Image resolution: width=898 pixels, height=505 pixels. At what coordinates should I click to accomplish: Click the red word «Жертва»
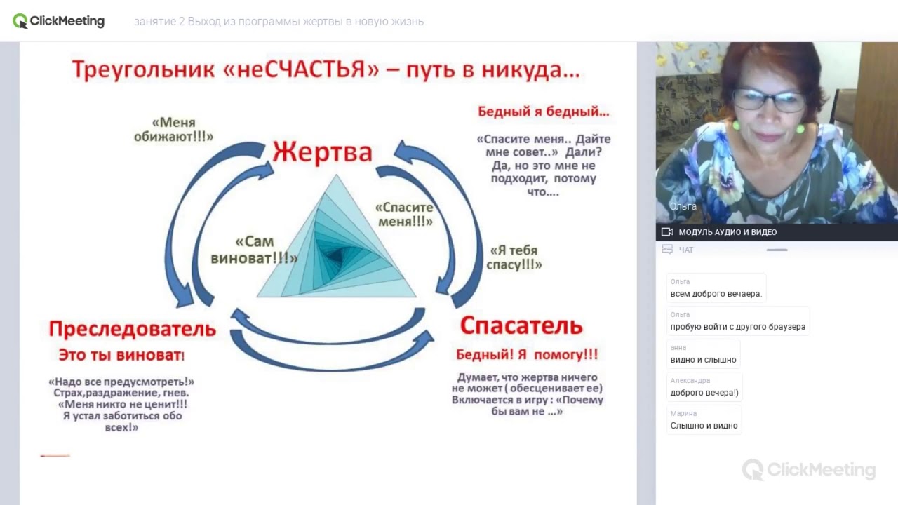pyautogui.click(x=322, y=152)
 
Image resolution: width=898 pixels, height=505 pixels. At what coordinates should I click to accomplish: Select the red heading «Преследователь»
pyautogui.click(x=132, y=329)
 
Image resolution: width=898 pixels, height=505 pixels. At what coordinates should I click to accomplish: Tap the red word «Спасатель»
pyautogui.click(x=521, y=326)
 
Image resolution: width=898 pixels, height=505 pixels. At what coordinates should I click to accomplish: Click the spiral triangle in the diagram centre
pyautogui.click(x=336, y=242)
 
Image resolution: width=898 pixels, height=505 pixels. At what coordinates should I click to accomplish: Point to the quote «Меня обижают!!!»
pyautogui.click(x=173, y=130)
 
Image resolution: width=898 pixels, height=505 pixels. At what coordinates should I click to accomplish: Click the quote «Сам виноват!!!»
pyautogui.click(x=254, y=250)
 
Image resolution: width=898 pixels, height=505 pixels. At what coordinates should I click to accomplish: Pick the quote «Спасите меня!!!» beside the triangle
pyautogui.click(x=405, y=215)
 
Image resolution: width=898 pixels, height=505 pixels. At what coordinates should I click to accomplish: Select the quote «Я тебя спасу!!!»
pyautogui.click(x=514, y=257)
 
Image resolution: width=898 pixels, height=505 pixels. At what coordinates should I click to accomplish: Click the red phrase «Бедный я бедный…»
pyautogui.click(x=543, y=112)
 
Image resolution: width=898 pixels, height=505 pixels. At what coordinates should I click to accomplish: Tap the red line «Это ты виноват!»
pyautogui.click(x=121, y=355)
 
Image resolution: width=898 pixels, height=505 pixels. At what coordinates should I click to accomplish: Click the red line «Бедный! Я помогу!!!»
pyautogui.click(x=527, y=354)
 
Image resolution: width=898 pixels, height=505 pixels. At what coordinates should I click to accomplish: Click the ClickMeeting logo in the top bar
pyautogui.click(x=59, y=21)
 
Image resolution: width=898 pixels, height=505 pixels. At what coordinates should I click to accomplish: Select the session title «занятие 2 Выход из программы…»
pyautogui.click(x=279, y=22)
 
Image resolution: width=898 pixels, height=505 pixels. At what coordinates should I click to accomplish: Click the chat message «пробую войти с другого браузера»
pyautogui.click(x=737, y=327)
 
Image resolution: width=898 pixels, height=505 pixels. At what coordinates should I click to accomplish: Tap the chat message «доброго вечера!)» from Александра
pyautogui.click(x=704, y=393)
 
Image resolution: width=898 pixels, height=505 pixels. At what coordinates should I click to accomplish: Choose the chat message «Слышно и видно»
pyautogui.click(x=704, y=426)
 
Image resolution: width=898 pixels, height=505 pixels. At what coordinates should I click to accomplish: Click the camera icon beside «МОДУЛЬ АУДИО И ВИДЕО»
pyautogui.click(x=667, y=232)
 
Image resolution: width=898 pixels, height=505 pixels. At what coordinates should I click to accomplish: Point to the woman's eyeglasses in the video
pyautogui.click(x=770, y=101)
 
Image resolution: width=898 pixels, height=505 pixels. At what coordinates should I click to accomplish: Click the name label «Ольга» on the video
pyautogui.click(x=683, y=206)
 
